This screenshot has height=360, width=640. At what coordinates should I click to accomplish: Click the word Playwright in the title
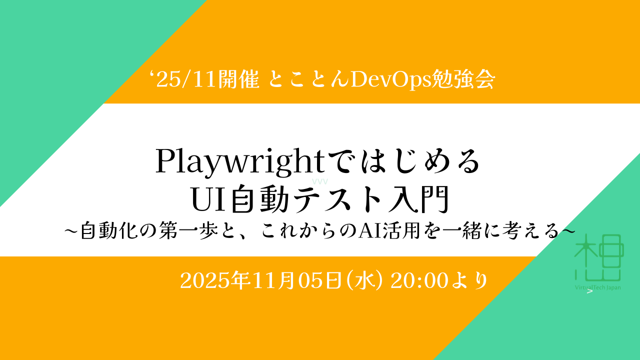(x=240, y=162)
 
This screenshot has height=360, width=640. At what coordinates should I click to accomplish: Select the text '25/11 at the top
(x=183, y=80)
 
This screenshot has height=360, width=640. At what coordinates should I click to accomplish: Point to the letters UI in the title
(x=209, y=199)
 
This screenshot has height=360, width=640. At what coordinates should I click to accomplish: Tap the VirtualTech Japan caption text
(x=597, y=287)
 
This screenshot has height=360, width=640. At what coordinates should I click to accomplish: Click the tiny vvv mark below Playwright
(x=319, y=181)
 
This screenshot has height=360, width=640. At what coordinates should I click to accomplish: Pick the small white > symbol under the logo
(x=590, y=291)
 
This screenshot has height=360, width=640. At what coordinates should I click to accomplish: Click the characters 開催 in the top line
(x=238, y=79)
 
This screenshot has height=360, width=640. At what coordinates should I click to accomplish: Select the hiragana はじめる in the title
(x=420, y=161)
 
